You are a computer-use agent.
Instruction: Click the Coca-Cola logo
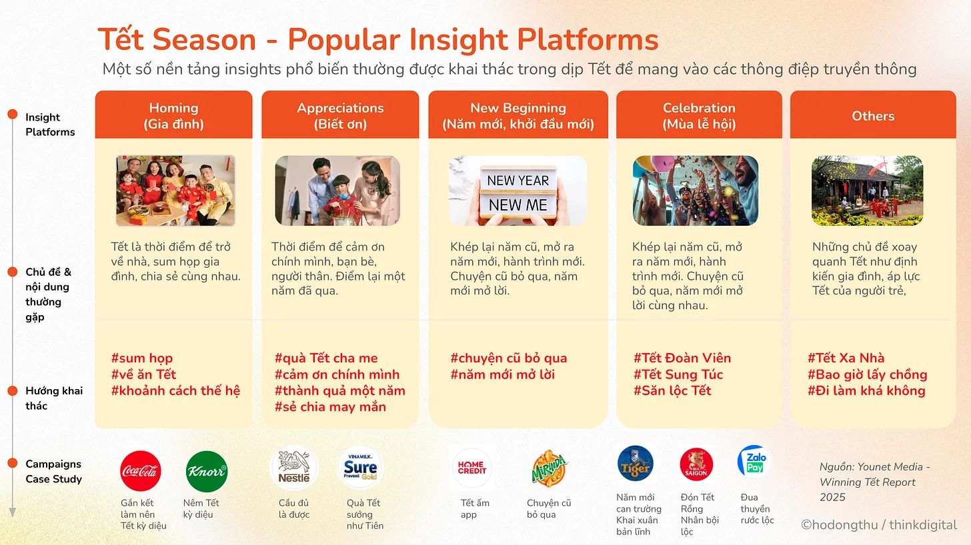(141, 471)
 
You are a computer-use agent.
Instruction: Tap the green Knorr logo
(206, 471)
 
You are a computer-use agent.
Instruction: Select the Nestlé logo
(294, 468)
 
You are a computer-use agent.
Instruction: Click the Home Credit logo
(472, 468)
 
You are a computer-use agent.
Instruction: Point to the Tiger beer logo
(636, 464)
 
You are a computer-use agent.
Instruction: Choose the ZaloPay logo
(755, 462)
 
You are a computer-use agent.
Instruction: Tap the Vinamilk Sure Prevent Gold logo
(360, 468)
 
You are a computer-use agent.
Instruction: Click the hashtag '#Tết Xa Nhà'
(846, 358)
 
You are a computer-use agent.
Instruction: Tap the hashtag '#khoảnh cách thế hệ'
(175, 390)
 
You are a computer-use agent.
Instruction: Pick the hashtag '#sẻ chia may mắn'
(330, 407)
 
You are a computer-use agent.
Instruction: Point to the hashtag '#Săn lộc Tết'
(672, 390)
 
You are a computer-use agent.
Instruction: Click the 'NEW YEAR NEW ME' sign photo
(518, 191)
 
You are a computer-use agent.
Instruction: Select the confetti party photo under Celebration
(696, 191)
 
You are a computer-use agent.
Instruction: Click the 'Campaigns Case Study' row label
(54, 471)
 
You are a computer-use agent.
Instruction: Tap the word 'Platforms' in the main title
(588, 40)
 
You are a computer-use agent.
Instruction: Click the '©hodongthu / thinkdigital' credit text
(879, 524)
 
